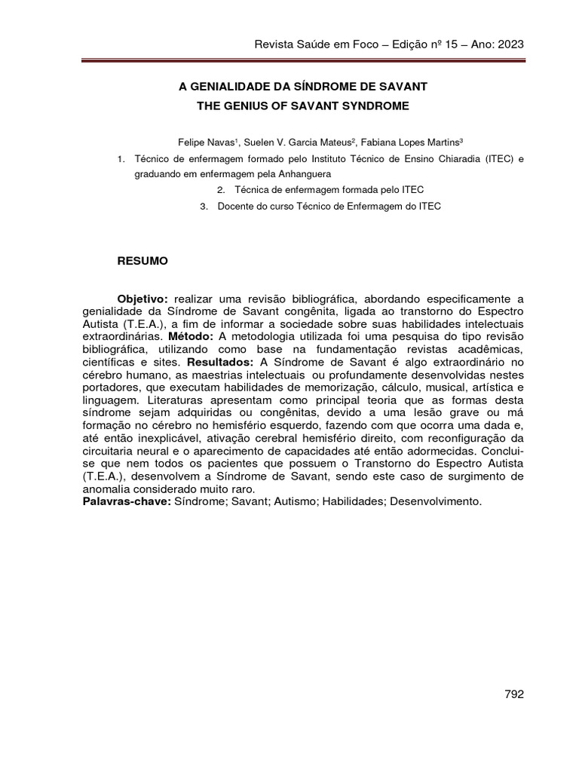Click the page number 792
coord(513,694)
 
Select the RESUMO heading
coord(142,261)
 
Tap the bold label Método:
coord(191,336)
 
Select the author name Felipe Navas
coord(204,142)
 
